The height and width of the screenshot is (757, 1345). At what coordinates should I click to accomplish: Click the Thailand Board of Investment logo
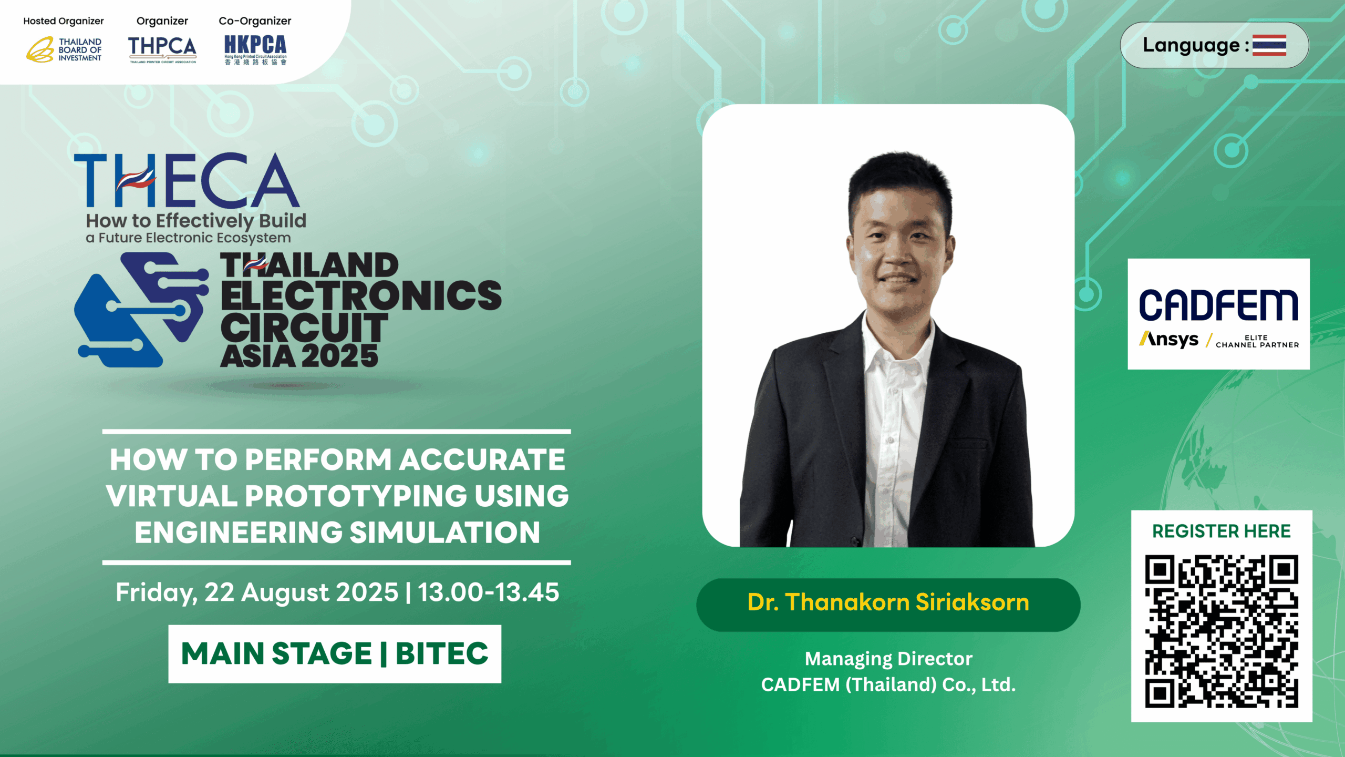pyautogui.click(x=64, y=49)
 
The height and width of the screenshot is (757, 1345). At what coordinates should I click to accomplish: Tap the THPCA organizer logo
pyautogui.click(x=162, y=49)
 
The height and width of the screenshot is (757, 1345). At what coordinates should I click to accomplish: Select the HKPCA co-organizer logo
pyautogui.click(x=255, y=50)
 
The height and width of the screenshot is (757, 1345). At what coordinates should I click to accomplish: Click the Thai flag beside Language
pyautogui.click(x=1269, y=45)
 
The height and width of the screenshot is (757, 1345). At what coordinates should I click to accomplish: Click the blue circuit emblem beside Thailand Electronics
pyautogui.click(x=141, y=309)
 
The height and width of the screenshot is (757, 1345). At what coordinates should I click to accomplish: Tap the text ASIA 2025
pyautogui.click(x=299, y=356)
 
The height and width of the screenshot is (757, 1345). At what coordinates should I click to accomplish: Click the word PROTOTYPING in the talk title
pyautogui.click(x=356, y=496)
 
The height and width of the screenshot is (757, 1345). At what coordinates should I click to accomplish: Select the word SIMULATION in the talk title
pyautogui.click(x=444, y=532)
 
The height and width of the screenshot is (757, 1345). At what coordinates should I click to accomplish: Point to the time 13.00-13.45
pyautogui.click(x=488, y=592)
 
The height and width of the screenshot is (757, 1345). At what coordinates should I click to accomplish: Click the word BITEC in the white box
pyautogui.click(x=442, y=653)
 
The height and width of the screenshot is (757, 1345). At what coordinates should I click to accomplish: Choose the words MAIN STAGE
pyautogui.click(x=276, y=653)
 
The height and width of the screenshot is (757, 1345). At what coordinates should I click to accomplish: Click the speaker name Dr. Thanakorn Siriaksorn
pyautogui.click(x=888, y=602)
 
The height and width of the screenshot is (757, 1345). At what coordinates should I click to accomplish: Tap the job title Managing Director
pyautogui.click(x=888, y=659)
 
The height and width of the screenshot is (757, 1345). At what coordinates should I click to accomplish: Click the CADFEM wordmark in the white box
pyautogui.click(x=1218, y=305)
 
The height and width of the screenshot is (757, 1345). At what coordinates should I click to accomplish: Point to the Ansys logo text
pyautogui.click(x=1169, y=340)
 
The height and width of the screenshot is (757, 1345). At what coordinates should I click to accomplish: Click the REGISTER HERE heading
pyautogui.click(x=1222, y=531)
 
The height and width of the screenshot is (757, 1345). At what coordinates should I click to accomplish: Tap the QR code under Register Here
pyautogui.click(x=1222, y=631)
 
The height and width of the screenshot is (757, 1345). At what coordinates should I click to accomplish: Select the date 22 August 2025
pyautogui.click(x=301, y=592)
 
